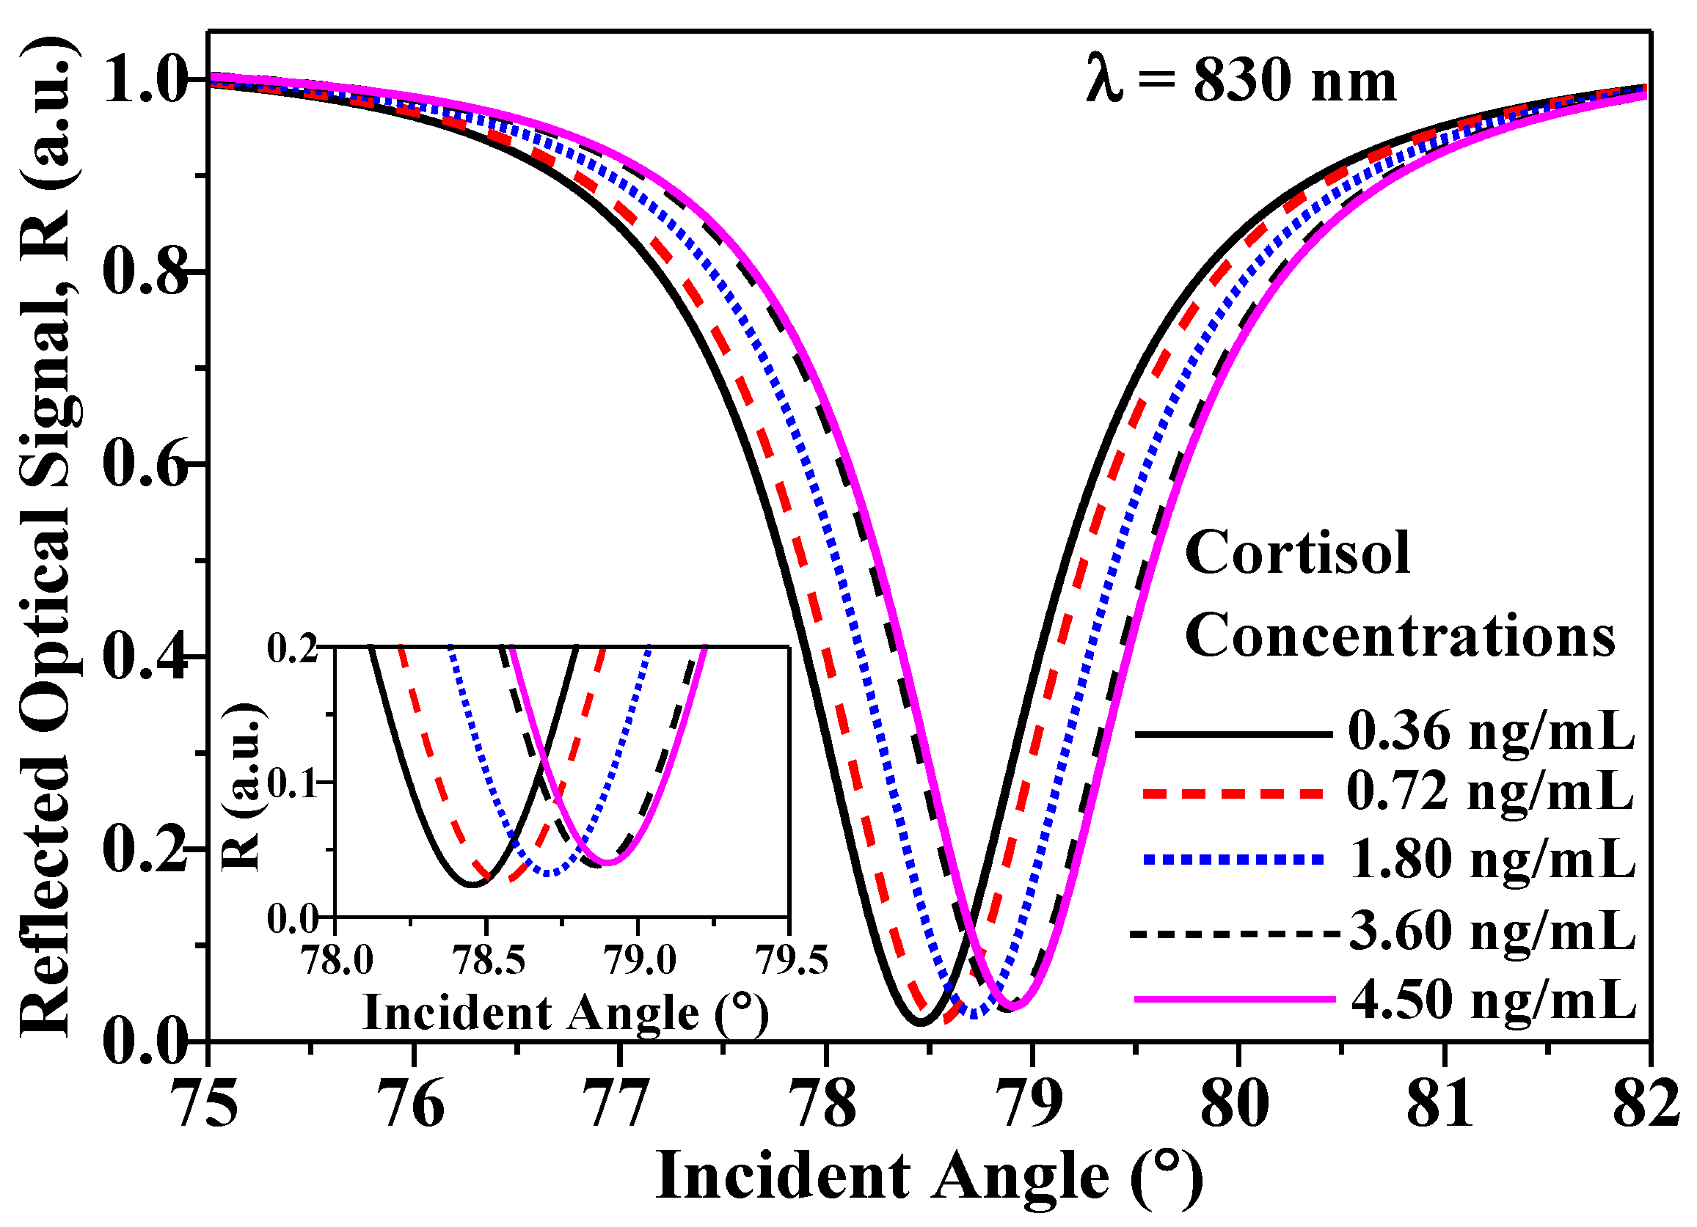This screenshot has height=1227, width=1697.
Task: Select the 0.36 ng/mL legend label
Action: click(1491, 731)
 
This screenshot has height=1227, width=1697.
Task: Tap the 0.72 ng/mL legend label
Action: click(1491, 791)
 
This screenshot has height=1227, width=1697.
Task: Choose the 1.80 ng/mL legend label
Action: click(1492, 859)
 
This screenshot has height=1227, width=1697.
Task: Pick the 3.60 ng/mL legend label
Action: click(1492, 931)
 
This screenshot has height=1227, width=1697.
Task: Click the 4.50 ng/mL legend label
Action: click(1494, 1000)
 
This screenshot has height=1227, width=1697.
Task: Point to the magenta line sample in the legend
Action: click(1235, 998)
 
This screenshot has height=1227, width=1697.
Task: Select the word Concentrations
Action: click(1399, 636)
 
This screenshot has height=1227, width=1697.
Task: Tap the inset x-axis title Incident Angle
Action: click(565, 1014)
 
